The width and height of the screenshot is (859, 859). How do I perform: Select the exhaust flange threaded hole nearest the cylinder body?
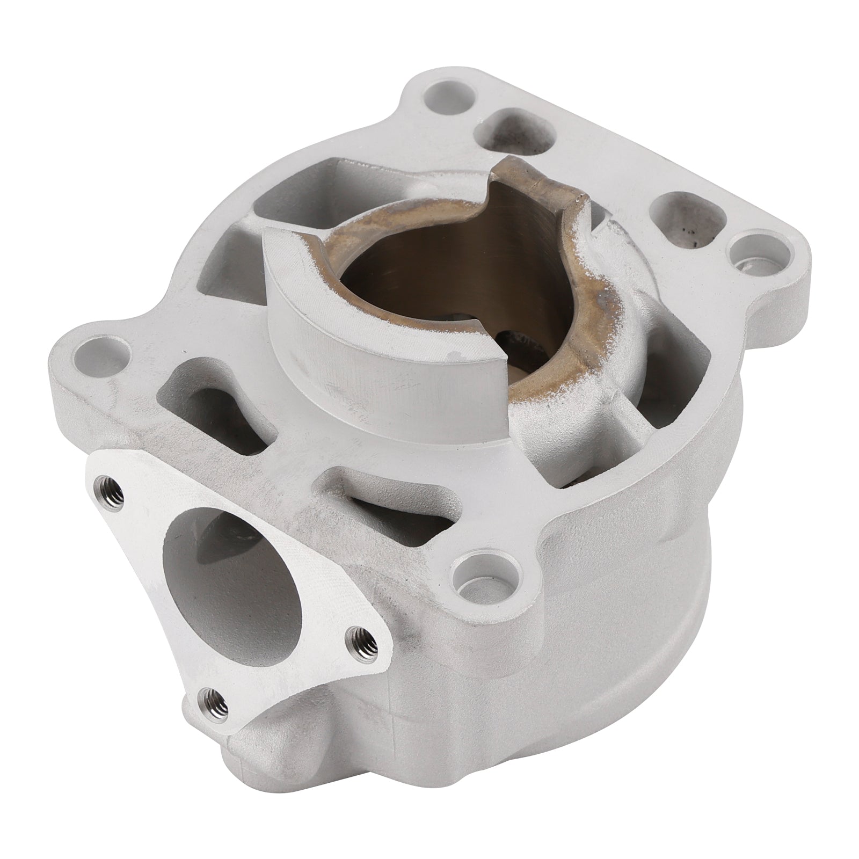tap(355, 636)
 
